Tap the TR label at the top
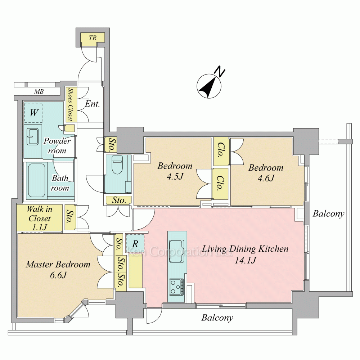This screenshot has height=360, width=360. coord(93,37)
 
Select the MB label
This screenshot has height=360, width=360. coord(39,91)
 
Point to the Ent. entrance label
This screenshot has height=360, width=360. coord(92,104)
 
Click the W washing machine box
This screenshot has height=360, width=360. coord(33,113)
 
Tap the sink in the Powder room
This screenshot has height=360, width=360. coord(33,136)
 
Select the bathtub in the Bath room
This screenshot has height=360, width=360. coord(36,180)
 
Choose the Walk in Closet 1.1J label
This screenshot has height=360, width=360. coord(40,218)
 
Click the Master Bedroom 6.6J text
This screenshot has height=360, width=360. coord(58,269)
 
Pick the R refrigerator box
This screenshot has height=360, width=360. coord(135,244)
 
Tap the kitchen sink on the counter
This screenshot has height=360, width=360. coord(176,251)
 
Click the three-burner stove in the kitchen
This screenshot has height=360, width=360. coord(176,287)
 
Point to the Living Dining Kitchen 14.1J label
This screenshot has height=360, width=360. coord(245,254)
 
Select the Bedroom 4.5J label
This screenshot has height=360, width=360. coord(175,171)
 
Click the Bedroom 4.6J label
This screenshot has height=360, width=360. coord(266,173)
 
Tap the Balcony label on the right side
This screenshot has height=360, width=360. coord(328,214)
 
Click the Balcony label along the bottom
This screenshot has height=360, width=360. coord(217,318)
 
